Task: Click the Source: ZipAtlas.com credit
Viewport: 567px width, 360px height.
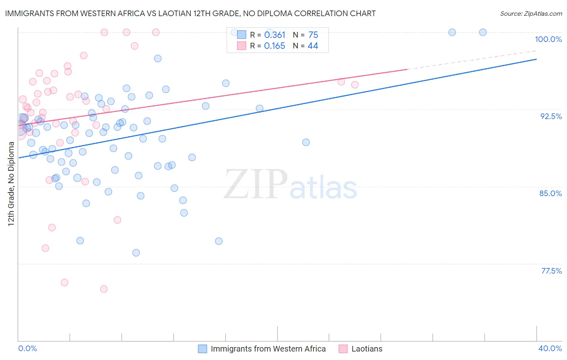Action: tap(531, 13)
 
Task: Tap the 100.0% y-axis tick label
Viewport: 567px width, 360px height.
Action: tap(548, 39)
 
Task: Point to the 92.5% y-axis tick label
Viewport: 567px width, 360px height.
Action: tap(551, 116)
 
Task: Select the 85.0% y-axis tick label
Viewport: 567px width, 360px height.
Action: tap(550, 193)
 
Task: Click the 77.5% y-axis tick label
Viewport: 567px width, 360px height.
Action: tap(551, 271)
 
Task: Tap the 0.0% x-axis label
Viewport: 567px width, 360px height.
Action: tap(27, 348)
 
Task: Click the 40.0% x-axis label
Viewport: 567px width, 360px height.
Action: tap(550, 348)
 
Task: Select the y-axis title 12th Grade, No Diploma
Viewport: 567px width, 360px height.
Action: tap(11, 184)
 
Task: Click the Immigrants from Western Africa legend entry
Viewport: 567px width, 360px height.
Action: tap(268, 349)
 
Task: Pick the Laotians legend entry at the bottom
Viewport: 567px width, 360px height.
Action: tap(367, 349)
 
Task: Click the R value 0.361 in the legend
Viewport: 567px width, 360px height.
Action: tap(275, 35)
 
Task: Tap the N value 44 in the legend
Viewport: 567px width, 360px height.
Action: tap(313, 46)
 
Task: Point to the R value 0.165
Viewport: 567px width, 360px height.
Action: tap(275, 46)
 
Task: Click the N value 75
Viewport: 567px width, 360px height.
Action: tap(313, 35)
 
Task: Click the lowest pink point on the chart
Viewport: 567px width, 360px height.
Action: tap(104, 289)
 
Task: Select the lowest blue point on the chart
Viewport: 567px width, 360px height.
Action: tap(136, 253)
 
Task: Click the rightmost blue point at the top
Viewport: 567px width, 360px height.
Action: tap(483, 32)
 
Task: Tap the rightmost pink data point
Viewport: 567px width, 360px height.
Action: tap(355, 85)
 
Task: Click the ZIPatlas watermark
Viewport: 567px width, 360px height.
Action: tap(290, 185)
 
